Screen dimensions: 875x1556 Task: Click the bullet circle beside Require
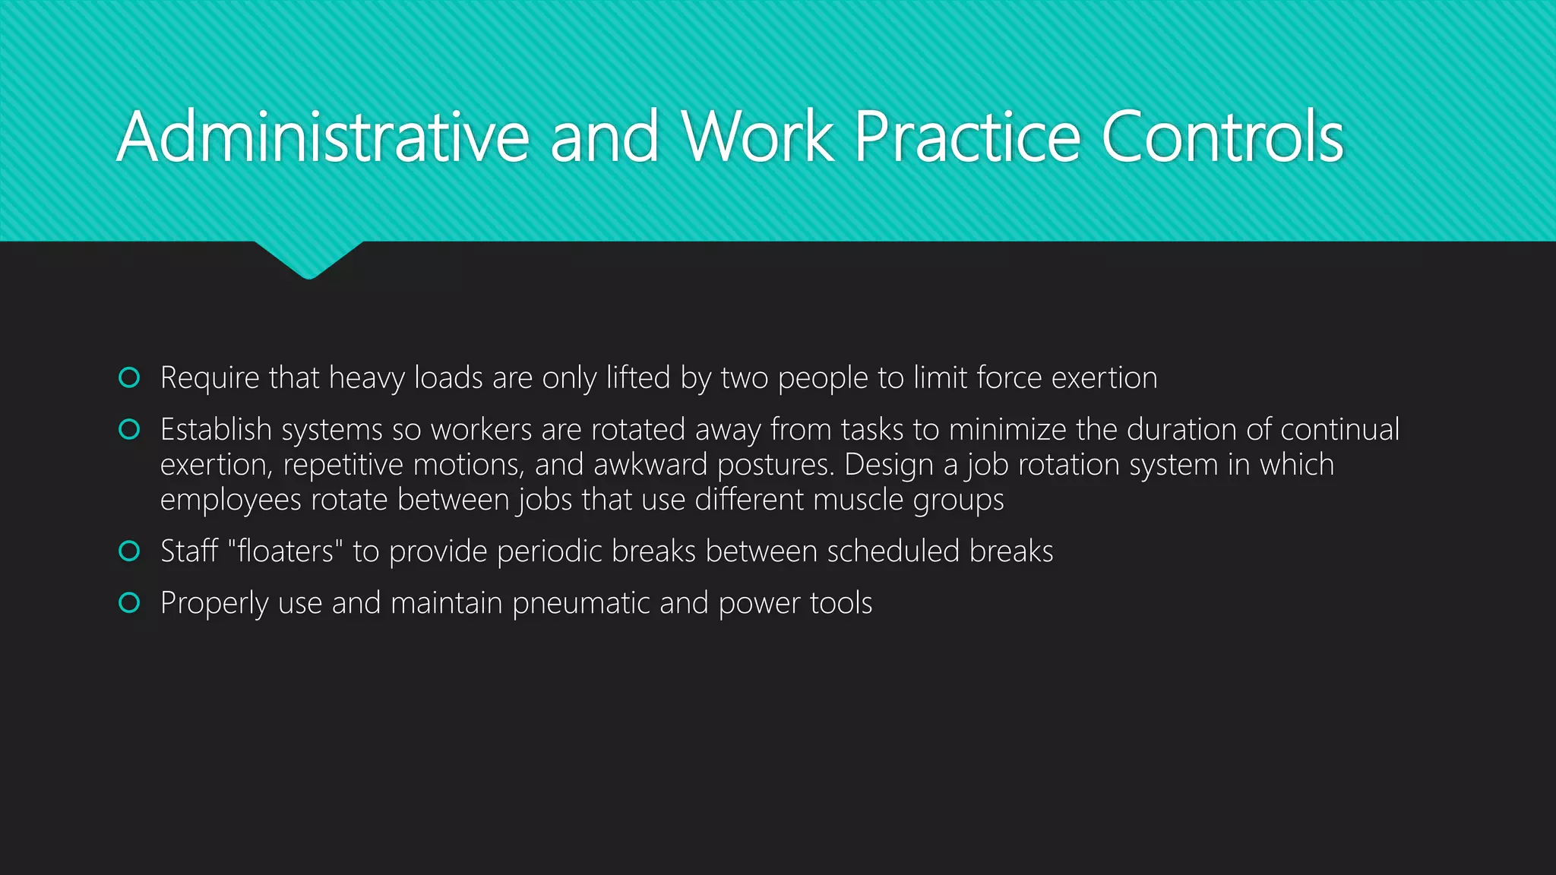(130, 377)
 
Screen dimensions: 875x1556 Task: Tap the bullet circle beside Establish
(130, 430)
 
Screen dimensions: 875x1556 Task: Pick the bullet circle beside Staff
(130, 551)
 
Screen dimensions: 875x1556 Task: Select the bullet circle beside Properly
(130, 603)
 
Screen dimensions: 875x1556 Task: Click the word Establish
(216, 430)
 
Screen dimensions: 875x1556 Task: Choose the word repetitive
(343, 465)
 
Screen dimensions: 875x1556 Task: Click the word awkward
(650, 465)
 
